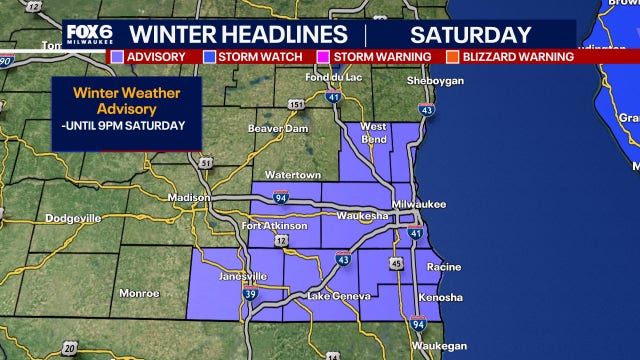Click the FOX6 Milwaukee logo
pos(85,33)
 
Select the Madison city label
pos(188,197)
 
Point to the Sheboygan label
pos(431,81)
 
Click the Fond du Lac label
pos(333,79)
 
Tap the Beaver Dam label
pos(274,128)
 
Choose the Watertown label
pos(291,163)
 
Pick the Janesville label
pos(243,275)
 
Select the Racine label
pos(443,267)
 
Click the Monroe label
pos(139,293)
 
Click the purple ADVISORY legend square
pos(119,57)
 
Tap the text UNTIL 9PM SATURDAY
pos(126,125)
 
